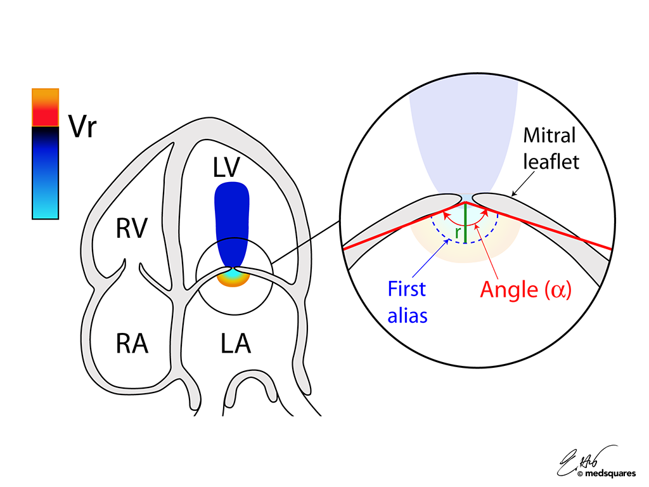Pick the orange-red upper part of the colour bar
point(45,107)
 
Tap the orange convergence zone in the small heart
point(235,280)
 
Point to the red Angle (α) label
point(525,290)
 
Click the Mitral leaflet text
point(550,149)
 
